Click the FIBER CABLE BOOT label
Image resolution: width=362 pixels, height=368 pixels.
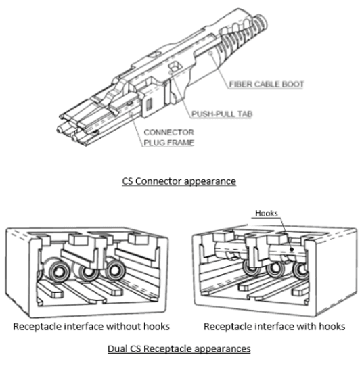pos(267,85)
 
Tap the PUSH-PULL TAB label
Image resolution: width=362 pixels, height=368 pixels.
pos(222,114)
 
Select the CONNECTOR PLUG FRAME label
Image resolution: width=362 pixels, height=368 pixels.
pos(169,137)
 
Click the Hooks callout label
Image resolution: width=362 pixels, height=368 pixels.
pos(267,213)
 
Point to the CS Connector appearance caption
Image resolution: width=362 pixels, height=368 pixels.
pos(179,181)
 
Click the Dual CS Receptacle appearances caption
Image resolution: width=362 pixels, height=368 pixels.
pos(179,348)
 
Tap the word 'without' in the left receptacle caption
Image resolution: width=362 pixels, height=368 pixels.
pos(123,327)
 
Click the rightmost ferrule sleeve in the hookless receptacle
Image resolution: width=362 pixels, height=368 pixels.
pos(115,270)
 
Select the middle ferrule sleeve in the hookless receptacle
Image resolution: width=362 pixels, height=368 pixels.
pos(87,271)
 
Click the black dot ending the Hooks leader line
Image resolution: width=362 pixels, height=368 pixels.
pos(292,249)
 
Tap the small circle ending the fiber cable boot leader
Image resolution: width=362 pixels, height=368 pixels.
pos(210,53)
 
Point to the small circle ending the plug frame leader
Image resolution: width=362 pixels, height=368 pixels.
pos(131,114)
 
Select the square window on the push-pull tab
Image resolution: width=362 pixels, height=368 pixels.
pos(175,66)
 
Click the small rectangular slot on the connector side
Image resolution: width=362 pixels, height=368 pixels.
pos(149,104)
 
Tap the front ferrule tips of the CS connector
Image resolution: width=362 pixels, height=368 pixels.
pos(68,133)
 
